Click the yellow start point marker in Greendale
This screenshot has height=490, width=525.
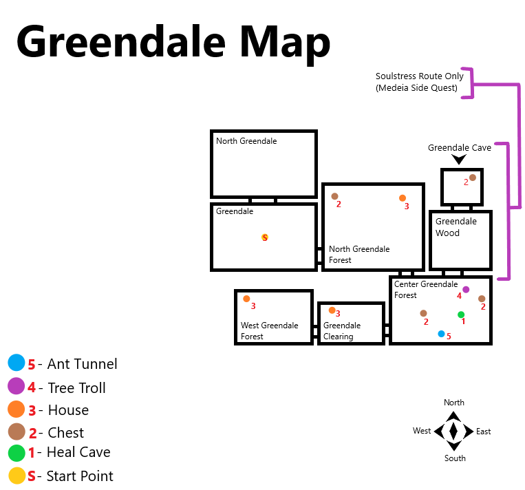click(265, 237)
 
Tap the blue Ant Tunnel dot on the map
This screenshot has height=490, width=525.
click(441, 334)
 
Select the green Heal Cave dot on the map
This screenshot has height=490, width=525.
click(461, 315)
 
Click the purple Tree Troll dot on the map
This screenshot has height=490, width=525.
click(466, 290)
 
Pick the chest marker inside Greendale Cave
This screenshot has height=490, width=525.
click(473, 178)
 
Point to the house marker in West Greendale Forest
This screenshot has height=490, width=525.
click(246, 299)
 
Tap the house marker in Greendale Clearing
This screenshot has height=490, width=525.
click(332, 310)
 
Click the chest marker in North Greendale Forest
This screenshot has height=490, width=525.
click(334, 196)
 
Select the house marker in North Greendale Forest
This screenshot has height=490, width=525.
click(403, 198)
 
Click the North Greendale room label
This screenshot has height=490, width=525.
click(246, 141)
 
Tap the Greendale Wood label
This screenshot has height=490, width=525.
click(456, 227)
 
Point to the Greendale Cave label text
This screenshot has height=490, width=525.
click(460, 147)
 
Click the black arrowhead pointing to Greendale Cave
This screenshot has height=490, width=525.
click(459, 159)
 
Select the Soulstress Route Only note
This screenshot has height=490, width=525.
click(419, 82)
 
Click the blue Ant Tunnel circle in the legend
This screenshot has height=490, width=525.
click(17, 363)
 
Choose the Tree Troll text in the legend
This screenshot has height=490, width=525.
click(76, 388)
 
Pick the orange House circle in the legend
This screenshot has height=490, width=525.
click(17, 409)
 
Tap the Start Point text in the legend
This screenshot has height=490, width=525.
click(80, 476)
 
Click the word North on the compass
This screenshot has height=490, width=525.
click(454, 403)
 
